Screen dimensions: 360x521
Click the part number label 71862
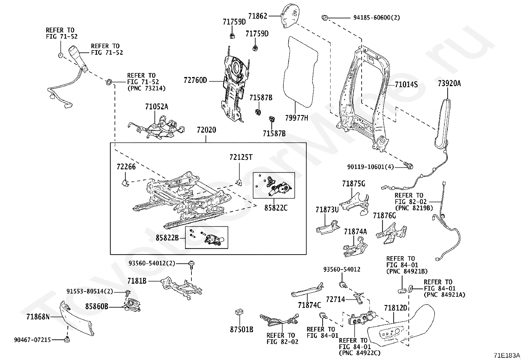(x=258, y=16)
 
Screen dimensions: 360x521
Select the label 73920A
(x=449, y=84)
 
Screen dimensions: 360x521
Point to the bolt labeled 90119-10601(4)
(x=408, y=165)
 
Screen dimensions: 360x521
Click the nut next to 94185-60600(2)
(x=325, y=17)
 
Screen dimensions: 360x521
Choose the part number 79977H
(x=296, y=118)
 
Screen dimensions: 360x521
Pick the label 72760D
(x=195, y=80)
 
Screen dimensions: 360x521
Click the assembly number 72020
(x=206, y=130)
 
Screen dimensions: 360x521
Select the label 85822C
(x=276, y=208)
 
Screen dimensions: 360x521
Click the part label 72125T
(x=241, y=157)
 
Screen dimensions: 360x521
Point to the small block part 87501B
(x=239, y=312)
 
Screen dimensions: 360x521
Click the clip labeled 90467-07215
(x=67, y=339)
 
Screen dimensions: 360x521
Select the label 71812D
(x=395, y=308)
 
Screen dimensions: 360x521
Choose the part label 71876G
(x=384, y=216)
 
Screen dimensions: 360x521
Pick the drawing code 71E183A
(x=507, y=355)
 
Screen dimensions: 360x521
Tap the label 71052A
(x=156, y=107)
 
